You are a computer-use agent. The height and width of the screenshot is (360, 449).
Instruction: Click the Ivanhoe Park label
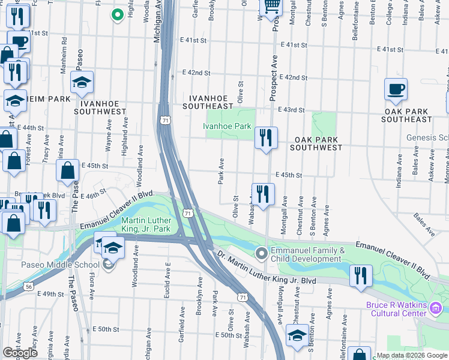point(226,127)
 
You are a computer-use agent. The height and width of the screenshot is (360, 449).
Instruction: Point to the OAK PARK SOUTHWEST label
point(318,143)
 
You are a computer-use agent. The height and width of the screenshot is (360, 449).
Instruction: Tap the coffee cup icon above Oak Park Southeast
point(396,90)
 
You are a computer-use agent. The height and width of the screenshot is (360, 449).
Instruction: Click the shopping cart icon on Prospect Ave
point(271,6)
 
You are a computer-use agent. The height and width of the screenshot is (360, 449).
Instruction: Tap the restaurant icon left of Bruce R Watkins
point(360,276)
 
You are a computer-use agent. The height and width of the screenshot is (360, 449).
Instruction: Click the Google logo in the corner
point(20,353)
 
